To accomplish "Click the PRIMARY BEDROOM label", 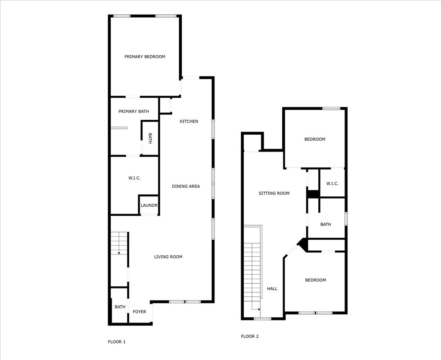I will pyautogui.click(x=145, y=57).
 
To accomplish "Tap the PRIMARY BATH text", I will pyautogui.click(x=134, y=112).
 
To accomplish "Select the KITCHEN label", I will pyautogui.click(x=189, y=121).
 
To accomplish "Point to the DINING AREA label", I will pyautogui.click(x=186, y=186).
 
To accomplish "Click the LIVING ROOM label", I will pyautogui.click(x=168, y=257).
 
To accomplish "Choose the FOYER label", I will pyautogui.click(x=139, y=312).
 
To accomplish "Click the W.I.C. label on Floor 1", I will pyautogui.click(x=134, y=178).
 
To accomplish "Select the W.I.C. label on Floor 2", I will pyautogui.click(x=332, y=183).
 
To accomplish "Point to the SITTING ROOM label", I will pyautogui.click(x=274, y=193).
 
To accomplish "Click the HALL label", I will pyautogui.click(x=272, y=289).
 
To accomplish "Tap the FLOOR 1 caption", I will pyautogui.click(x=117, y=342).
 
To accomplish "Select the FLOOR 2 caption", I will pyautogui.click(x=250, y=336).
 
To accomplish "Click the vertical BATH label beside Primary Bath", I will pyautogui.click(x=150, y=138).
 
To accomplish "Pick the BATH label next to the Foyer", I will pyautogui.click(x=120, y=307).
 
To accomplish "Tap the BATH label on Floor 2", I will pyautogui.click(x=326, y=224).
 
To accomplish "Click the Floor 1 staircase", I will pyautogui.click(x=119, y=243).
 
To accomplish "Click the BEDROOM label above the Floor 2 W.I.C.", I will pyautogui.click(x=315, y=140).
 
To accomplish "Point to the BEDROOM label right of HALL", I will pyautogui.click(x=316, y=280).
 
